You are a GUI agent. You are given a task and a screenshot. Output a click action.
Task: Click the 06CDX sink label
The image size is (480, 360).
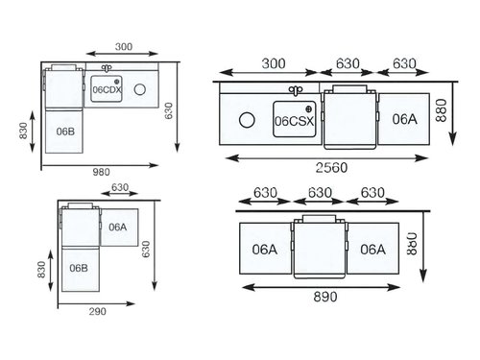pos(108,90)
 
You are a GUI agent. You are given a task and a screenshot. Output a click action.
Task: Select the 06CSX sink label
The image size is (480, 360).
pos(295,121)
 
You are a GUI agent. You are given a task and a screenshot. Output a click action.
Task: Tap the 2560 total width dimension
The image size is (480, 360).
pos(331,168)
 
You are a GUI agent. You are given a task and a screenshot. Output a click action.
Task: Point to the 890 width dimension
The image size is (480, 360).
pos(325,297)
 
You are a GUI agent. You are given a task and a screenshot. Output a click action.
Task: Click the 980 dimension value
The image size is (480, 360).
pos(101,172)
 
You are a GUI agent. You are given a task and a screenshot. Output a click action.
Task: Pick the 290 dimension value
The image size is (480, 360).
pos(98,311)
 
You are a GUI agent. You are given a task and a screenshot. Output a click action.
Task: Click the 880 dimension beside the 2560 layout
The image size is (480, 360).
pos(442,110)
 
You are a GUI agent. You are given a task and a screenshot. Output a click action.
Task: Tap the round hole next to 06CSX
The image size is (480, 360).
pos(247,120)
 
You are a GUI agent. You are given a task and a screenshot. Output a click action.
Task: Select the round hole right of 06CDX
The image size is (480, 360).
pos(140,89)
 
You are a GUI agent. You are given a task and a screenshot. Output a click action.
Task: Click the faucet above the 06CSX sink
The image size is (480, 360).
pos(296,90)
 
